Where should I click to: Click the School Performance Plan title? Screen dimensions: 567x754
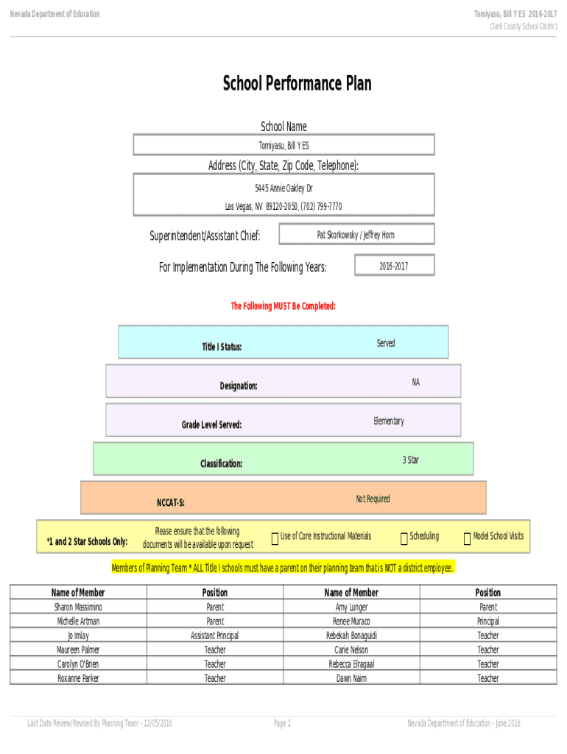pyautogui.click(x=297, y=83)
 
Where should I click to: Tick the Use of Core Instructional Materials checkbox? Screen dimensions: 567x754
pyautogui.click(x=275, y=538)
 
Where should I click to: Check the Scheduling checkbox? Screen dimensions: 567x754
pyautogui.click(x=404, y=538)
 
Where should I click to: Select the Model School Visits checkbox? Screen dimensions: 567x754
pyautogui.click(x=467, y=538)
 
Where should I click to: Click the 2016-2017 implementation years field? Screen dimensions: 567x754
pyautogui.click(x=395, y=265)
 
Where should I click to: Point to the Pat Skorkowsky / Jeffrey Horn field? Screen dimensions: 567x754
pyautogui.click(x=356, y=234)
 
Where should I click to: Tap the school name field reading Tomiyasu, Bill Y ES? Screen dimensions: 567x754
pyautogui.click(x=283, y=145)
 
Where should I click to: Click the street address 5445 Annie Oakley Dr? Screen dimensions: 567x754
pyautogui.click(x=283, y=188)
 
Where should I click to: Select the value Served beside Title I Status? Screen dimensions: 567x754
pyautogui.click(x=386, y=343)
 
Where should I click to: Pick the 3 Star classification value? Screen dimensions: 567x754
pyautogui.click(x=411, y=459)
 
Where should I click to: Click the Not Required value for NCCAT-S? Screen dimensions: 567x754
pyautogui.click(x=373, y=498)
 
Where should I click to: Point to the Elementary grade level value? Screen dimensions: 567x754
pyautogui.click(x=389, y=420)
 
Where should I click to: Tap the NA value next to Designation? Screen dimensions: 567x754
pyautogui.click(x=416, y=382)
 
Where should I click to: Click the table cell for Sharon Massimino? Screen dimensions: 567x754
pyautogui.click(x=78, y=607)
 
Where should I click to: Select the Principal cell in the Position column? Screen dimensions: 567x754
pyautogui.click(x=488, y=621)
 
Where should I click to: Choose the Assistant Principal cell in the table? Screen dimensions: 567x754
pyautogui.click(x=215, y=635)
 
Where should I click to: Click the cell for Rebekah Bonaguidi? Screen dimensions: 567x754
pyautogui.click(x=351, y=635)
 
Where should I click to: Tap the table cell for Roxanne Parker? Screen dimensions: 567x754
pyautogui.click(x=78, y=678)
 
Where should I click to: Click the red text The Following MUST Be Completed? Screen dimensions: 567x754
pyautogui.click(x=283, y=306)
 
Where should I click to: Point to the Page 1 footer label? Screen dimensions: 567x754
pyautogui.click(x=282, y=723)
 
